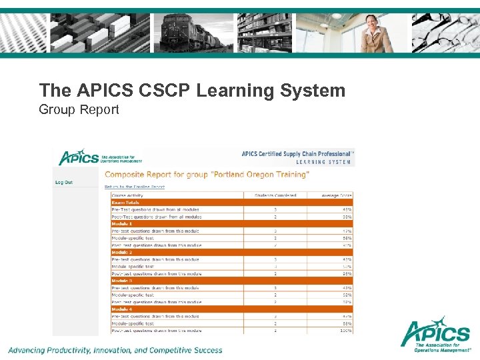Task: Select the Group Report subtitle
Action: [79, 109]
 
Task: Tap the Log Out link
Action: [64, 182]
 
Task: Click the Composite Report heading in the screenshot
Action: [207, 175]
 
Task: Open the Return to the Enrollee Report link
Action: [135, 187]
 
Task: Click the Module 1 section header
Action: [122, 223]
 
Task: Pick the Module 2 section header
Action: [122, 252]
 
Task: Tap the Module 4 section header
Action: [122, 309]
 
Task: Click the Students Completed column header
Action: [275, 195]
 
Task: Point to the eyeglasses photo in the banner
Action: [445, 33]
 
